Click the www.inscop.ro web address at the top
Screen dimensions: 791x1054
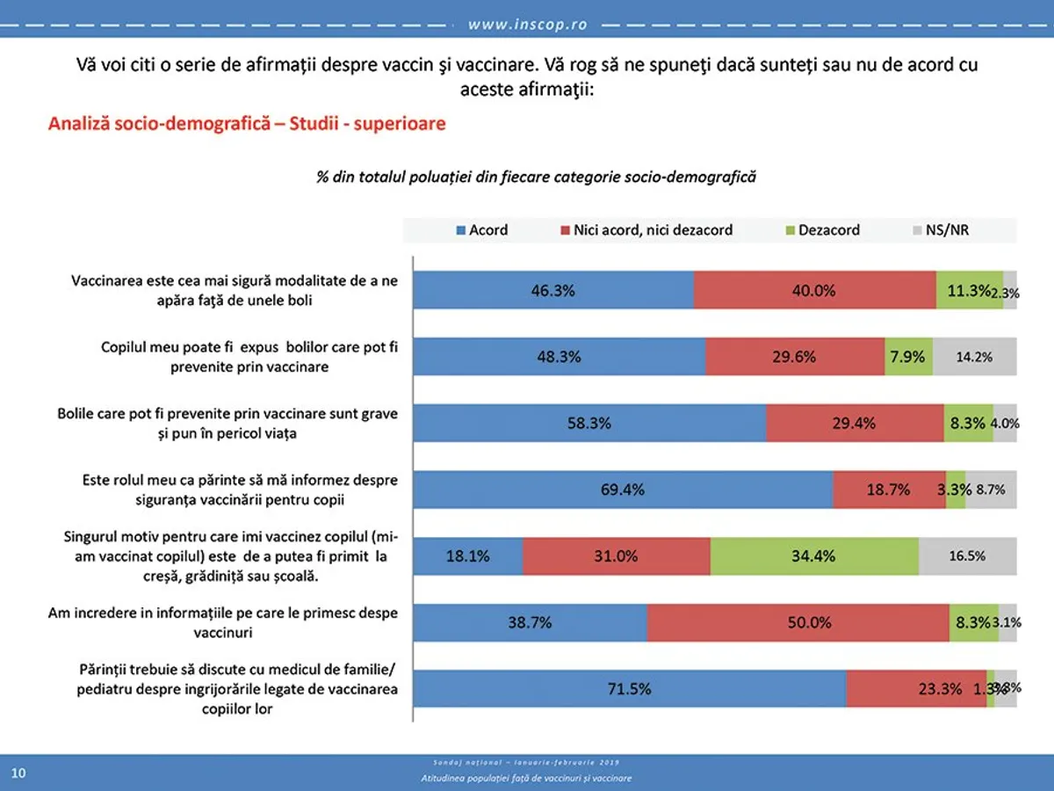pos(527,25)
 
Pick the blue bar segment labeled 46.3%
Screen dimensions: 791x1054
pos(553,290)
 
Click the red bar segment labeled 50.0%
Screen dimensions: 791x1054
pos(798,622)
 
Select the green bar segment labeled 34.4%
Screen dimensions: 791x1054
pos(814,555)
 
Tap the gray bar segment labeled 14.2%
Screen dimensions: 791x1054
pos(974,357)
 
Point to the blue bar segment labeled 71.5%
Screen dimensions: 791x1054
pos(629,689)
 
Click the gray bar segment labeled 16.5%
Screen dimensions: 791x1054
pos(967,555)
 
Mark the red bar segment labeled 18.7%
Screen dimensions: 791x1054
pos(888,490)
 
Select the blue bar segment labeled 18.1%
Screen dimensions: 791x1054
pos(467,555)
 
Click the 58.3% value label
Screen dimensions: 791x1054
pos(589,424)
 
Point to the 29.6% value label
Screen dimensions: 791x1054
pos(794,357)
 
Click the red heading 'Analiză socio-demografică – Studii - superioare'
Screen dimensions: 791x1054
pos(247,123)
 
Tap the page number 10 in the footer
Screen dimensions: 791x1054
pos(18,773)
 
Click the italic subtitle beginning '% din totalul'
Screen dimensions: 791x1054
pos(536,177)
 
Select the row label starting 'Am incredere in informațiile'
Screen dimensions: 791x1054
pos(222,621)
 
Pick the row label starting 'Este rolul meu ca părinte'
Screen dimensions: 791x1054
pos(240,490)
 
